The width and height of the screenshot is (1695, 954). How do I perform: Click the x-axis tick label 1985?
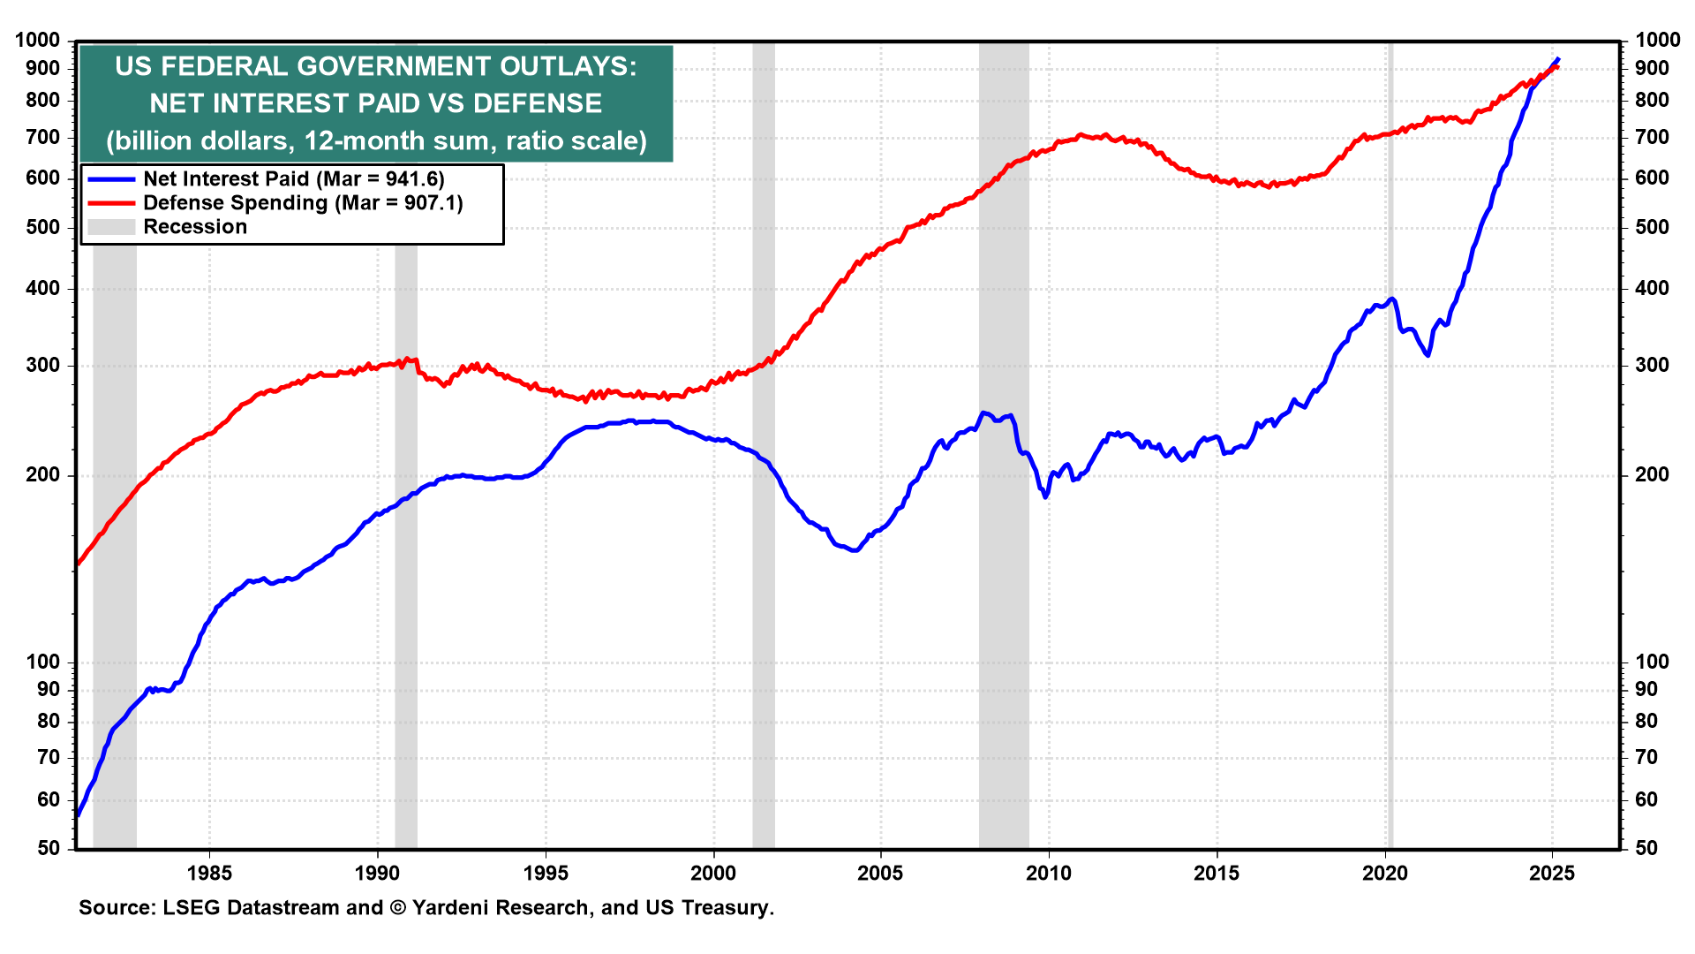point(209,874)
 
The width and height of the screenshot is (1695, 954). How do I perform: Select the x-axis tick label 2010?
point(1049,874)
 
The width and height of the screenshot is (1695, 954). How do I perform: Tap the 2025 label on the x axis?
point(1552,874)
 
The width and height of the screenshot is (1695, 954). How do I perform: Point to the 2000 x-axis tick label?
point(712,874)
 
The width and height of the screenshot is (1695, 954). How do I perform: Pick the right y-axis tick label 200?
point(1652,475)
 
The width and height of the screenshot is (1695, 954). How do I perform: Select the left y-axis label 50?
point(49,848)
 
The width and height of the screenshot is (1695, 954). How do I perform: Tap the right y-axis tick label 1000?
point(1657,40)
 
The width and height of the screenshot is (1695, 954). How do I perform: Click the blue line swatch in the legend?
point(111,179)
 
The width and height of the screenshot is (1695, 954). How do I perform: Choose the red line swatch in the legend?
point(111,203)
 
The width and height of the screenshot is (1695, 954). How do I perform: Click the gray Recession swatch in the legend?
point(111,227)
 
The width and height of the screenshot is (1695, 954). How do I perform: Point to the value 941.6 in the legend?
point(411,179)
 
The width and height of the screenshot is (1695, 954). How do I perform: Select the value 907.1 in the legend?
point(429,203)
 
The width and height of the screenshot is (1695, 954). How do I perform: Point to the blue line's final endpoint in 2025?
point(1557,59)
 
